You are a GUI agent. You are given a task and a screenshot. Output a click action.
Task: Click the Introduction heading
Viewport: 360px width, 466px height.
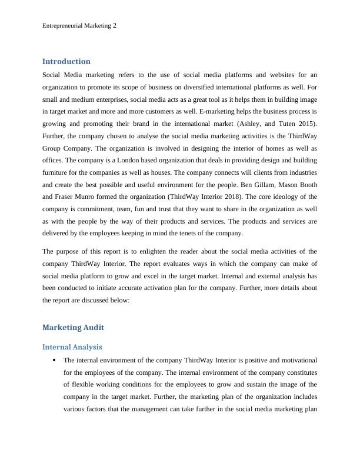[66, 61]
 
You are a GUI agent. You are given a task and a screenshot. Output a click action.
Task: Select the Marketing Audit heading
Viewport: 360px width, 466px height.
[73, 327]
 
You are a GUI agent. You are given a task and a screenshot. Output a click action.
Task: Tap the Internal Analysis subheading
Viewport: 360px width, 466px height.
[72, 347]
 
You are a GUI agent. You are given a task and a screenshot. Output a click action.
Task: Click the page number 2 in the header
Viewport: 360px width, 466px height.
[114, 26]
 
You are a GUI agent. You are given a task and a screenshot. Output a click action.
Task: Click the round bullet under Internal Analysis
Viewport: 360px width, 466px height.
[54, 360]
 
